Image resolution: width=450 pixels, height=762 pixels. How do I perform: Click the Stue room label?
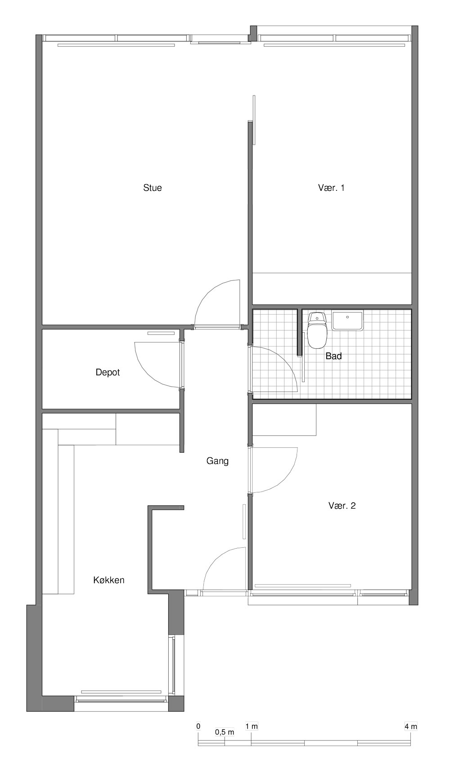point(153,187)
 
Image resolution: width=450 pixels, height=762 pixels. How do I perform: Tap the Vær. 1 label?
point(331,187)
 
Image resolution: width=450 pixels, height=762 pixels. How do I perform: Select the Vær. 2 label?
point(342,505)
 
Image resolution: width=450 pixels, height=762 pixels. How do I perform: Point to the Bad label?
point(333,356)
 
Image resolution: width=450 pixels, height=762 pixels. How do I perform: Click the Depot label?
point(108,372)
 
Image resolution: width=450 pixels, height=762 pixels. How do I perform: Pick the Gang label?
point(217,461)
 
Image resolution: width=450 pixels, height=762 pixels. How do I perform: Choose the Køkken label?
point(109,580)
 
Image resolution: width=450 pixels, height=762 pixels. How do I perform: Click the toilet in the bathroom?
point(317,330)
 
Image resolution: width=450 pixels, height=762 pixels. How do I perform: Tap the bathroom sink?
point(347,320)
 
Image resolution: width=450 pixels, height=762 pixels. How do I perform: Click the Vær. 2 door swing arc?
point(284,480)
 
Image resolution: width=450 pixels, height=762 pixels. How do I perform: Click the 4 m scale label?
point(410,726)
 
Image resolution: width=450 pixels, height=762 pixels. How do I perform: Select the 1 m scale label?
point(252,726)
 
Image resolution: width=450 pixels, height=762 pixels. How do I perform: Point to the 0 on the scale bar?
point(198,726)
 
